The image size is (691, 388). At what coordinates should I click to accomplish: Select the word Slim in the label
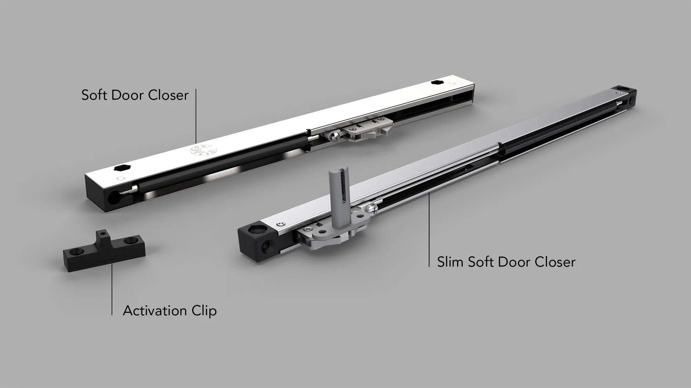point(450,262)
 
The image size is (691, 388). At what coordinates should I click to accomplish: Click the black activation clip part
point(104,250)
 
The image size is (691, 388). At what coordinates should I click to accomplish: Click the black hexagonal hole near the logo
point(120,168)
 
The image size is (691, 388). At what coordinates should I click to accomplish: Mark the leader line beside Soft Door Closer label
point(196,116)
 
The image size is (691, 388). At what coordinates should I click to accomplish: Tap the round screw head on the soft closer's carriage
point(334,137)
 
